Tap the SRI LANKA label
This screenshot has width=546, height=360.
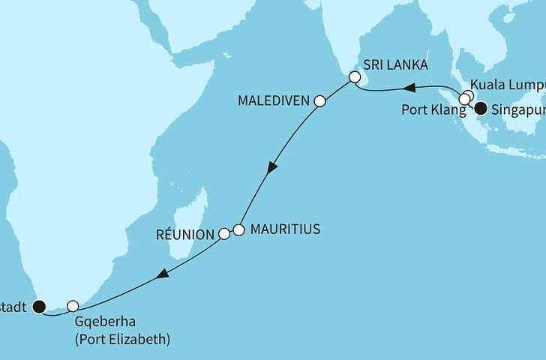click(395, 66)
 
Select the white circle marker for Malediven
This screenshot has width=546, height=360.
click(319, 100)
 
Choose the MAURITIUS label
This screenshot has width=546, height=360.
click(286, 229)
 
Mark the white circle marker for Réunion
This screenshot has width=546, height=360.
click(223, 235)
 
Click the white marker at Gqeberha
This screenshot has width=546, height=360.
click(73, 306)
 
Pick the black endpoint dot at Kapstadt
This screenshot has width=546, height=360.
click(38, 305)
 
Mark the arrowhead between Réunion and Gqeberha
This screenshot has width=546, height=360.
click(160, 277)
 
